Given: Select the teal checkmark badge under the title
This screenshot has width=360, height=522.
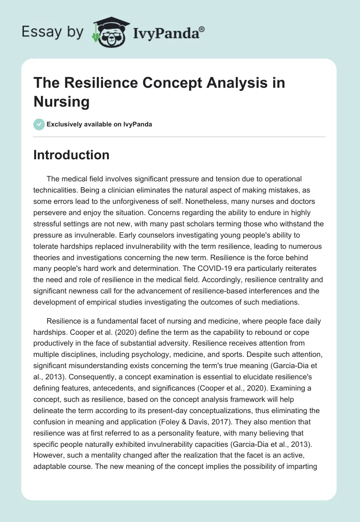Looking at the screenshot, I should (x=39, y=124).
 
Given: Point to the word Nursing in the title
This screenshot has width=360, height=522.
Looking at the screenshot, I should (x=61, y=101).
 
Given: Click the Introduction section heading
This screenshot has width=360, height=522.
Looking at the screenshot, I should (x=72, y=155).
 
